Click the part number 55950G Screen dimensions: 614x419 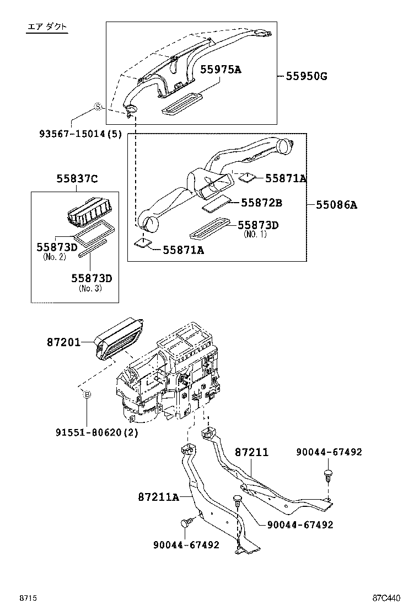point(306,76)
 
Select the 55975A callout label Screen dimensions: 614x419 point(221,69)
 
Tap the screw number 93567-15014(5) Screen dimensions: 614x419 point(80,134)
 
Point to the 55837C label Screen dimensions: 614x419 point(77,178)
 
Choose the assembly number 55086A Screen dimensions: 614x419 point(336,205)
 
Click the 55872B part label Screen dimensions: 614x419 point(261,203)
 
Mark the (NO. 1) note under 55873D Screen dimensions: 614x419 point(255,234)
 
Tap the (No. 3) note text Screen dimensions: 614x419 point(90,288)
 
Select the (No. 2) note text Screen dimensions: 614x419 point(55,256)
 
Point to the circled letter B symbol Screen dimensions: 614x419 point(87,394)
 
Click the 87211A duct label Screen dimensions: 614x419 point(159,497)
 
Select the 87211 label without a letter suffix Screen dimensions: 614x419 point(251,452)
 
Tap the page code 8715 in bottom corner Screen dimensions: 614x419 point(28,598)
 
